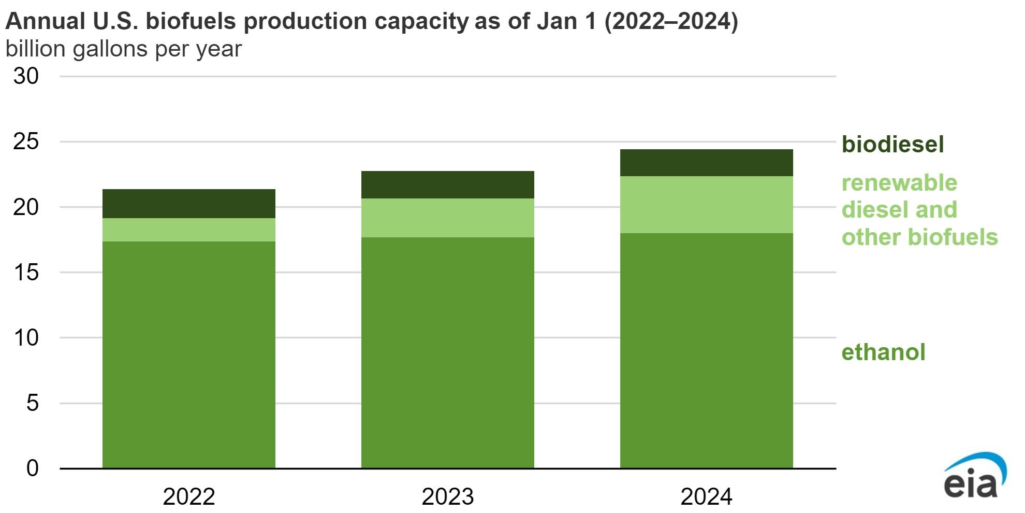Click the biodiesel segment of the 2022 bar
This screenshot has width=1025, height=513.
tap(188, 204)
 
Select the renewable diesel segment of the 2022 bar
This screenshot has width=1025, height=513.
tap(188, 230)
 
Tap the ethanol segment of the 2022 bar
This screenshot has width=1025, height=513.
tap(188, 355)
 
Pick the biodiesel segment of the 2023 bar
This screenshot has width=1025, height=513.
tap(447, 184)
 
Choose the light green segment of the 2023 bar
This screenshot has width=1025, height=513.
tap(447, 218)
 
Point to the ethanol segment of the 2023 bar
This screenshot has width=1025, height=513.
tap(447, 352)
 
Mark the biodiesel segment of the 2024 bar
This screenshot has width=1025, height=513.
tap(706, 163)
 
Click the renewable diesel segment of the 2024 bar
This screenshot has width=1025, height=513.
tap(706, 205)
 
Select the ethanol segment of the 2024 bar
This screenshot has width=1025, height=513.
tap(706, 350)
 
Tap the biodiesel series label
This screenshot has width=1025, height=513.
tap(892, 144)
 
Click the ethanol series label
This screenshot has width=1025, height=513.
tap(883, 352)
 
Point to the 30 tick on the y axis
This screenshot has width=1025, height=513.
tap(26, 76)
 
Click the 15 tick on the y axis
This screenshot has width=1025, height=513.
tap(26, 273)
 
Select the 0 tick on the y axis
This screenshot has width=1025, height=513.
tap(32, 468)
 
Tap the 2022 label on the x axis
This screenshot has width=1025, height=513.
tap(188, 496)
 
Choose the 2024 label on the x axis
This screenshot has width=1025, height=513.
tap(706, 496)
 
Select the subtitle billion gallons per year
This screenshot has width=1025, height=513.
tap(123, 49)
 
